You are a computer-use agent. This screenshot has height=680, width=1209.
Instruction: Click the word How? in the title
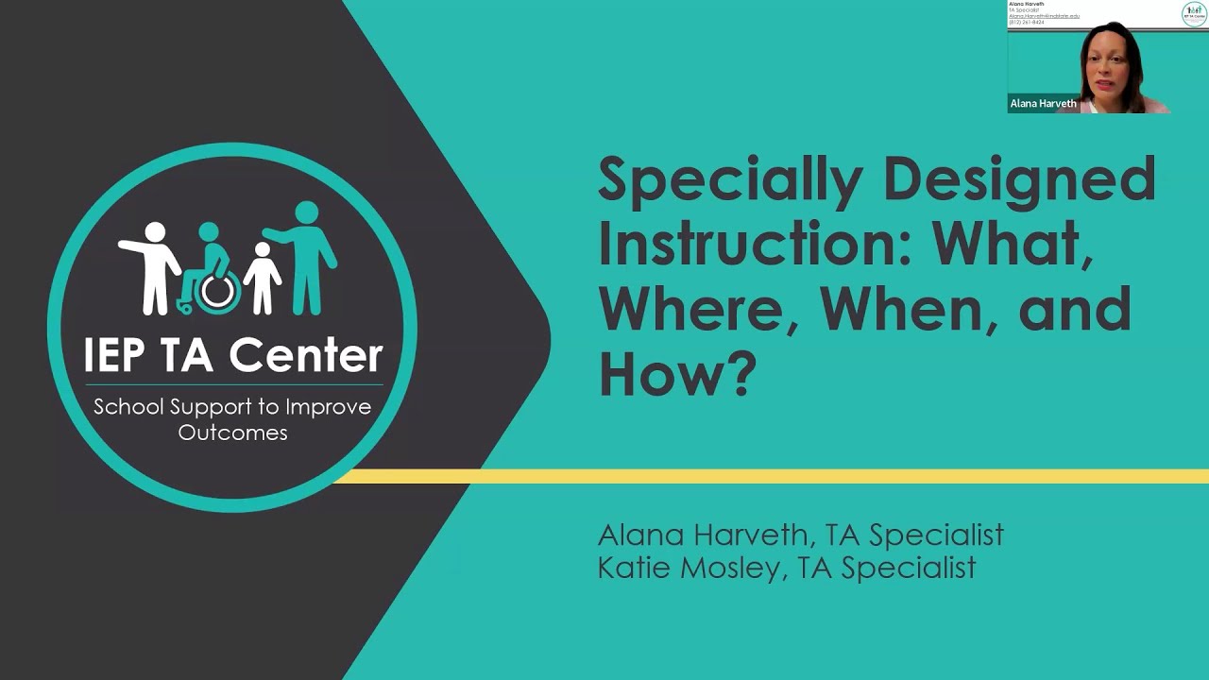(x=677, y=372)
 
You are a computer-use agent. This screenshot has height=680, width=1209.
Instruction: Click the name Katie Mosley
(x=687, y=567)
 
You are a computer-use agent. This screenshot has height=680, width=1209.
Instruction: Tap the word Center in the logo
(x=306, y=354)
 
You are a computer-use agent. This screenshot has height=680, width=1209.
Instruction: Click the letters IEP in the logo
(x=112, y=354)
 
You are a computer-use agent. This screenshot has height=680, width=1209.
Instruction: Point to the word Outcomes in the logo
(x=232, y=433)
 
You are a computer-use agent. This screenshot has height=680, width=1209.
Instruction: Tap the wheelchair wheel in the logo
(x=217, y=292)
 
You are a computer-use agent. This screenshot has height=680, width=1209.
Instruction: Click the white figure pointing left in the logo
(x=153, y=264)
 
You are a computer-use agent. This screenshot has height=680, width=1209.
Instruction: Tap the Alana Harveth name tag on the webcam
(x=1043, y=104)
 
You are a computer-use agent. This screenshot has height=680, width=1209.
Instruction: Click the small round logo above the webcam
(x=1193, y=14)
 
